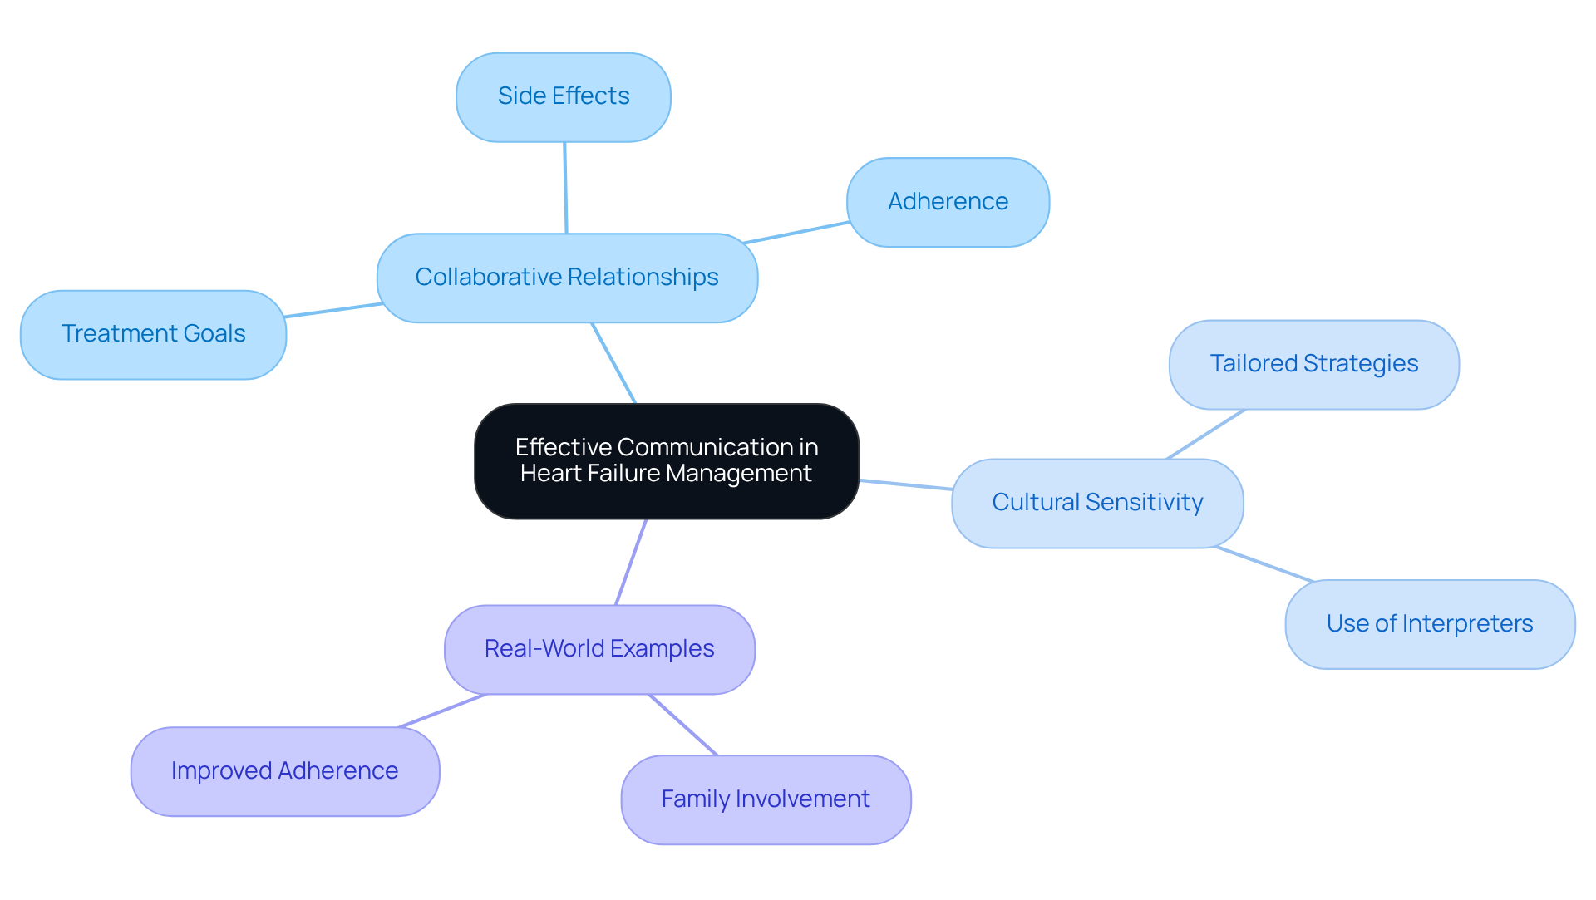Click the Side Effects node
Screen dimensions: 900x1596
pyautogui.click(x=564, y=97)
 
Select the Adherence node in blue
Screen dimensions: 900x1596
pyautogui.click(x=948, y=202)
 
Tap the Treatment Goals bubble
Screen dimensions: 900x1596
pyautogui.click(x=153, y=334)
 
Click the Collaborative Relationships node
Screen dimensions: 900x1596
pyautogui.click(x=567, y=278)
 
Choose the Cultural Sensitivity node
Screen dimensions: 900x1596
pyautogui.click(x=1097, y=503)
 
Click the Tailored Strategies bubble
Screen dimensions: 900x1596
pyautogui.click(x=1313, y=364)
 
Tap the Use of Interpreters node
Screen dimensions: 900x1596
pyautogui.click(x=1430, y=624)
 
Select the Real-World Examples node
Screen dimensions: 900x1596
pyautogui.click(x=599, y=649)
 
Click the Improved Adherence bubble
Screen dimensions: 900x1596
pyautogui.click(x=284, y=771)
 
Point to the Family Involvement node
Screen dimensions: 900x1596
pyautogui.click(x=766, y=799)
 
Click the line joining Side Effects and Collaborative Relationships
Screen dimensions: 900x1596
pyautogui.click(x=565, y=188)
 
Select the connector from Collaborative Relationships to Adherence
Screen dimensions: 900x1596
pyautogui.click(x=796, y=233)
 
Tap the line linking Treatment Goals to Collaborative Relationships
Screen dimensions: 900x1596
pyautogui.click(x=332, y=311)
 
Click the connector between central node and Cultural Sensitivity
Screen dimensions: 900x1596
pyautogui.click(x=906, y=484)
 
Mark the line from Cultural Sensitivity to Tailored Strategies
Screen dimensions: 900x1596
pyautogui.click(x=1206, y=434)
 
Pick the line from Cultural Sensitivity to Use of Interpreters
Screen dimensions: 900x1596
pyautogui.click(x=1263, y=564)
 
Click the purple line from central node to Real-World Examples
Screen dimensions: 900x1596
pyautogui.click(x=631, y=563)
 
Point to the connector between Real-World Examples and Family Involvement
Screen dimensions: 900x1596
pyautogui.click(x=683, y=725)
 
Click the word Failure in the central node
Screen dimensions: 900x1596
pyautogui.click(x=621, y=474)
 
